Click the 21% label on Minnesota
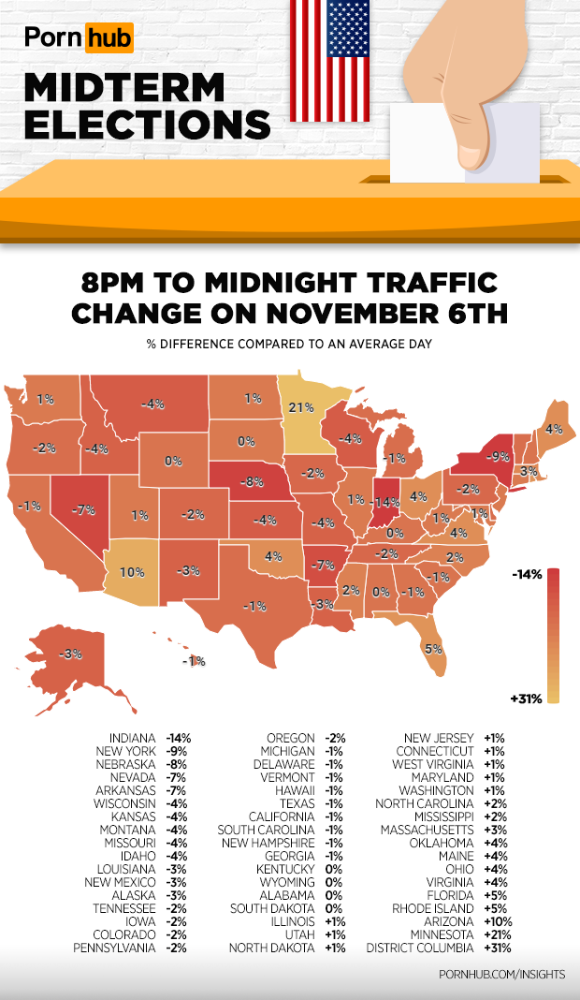coord(300,407)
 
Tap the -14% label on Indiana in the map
coord(384,503)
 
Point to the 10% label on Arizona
coord(132,571)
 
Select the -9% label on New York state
coord(499,458)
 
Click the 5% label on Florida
coord(434,648)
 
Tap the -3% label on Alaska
coord(68,654)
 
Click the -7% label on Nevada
coord(84,509)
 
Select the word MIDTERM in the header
coord(124,88)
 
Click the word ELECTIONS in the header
coord(148,124)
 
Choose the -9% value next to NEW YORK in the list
coord(176,752)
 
